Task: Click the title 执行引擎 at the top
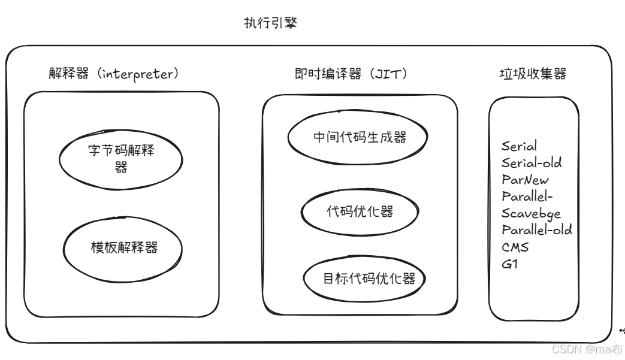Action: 270,23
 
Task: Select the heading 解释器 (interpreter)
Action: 114,74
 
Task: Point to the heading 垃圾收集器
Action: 533,74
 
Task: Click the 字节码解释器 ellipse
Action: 120,158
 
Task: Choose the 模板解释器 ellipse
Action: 124,247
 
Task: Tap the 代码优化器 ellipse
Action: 360,211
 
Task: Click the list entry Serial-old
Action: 532,162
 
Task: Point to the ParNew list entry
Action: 525,179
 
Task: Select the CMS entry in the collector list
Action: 515,246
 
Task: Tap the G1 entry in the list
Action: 509,263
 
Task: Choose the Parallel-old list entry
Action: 536,229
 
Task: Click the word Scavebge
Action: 531,213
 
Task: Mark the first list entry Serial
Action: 519,146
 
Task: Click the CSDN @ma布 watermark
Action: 587,349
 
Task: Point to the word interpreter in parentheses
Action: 138,74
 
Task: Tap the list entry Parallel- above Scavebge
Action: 527,196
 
